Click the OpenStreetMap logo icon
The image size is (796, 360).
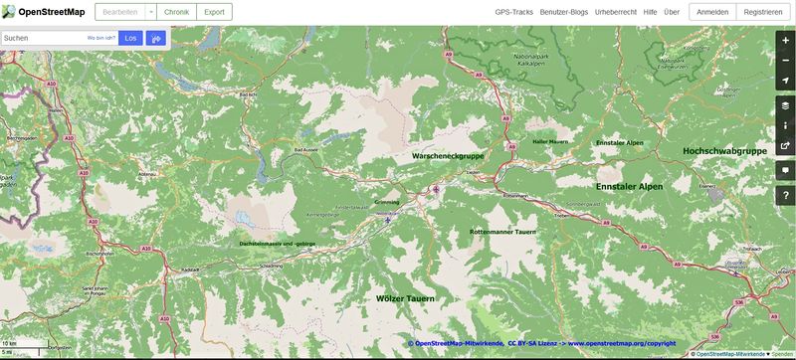click(x=8, y=12)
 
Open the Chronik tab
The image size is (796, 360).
click(x=176, y=12)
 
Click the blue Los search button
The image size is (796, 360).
click(x=130, y=38)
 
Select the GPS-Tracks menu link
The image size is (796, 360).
click(x=514, y=12)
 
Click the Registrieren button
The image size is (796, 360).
click(x=762, y=12)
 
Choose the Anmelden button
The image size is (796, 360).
click(x=712, y=12)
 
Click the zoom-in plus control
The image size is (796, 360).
click(x=785, y=41)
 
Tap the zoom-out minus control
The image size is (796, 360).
click(x=785, y=59)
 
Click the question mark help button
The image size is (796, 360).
click(x=785, y=195)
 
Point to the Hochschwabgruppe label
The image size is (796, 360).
click(x=724, y=150)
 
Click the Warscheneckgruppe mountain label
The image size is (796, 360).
click(x=448, y=156)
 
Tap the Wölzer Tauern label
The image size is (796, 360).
click(x=405, y=297)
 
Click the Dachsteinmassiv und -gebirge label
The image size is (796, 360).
click(x=278, y=244)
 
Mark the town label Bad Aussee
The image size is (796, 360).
click(x=304, y=149)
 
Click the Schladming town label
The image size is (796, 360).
click(x=271, y=266)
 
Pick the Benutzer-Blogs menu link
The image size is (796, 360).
click(x=564, y=12)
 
